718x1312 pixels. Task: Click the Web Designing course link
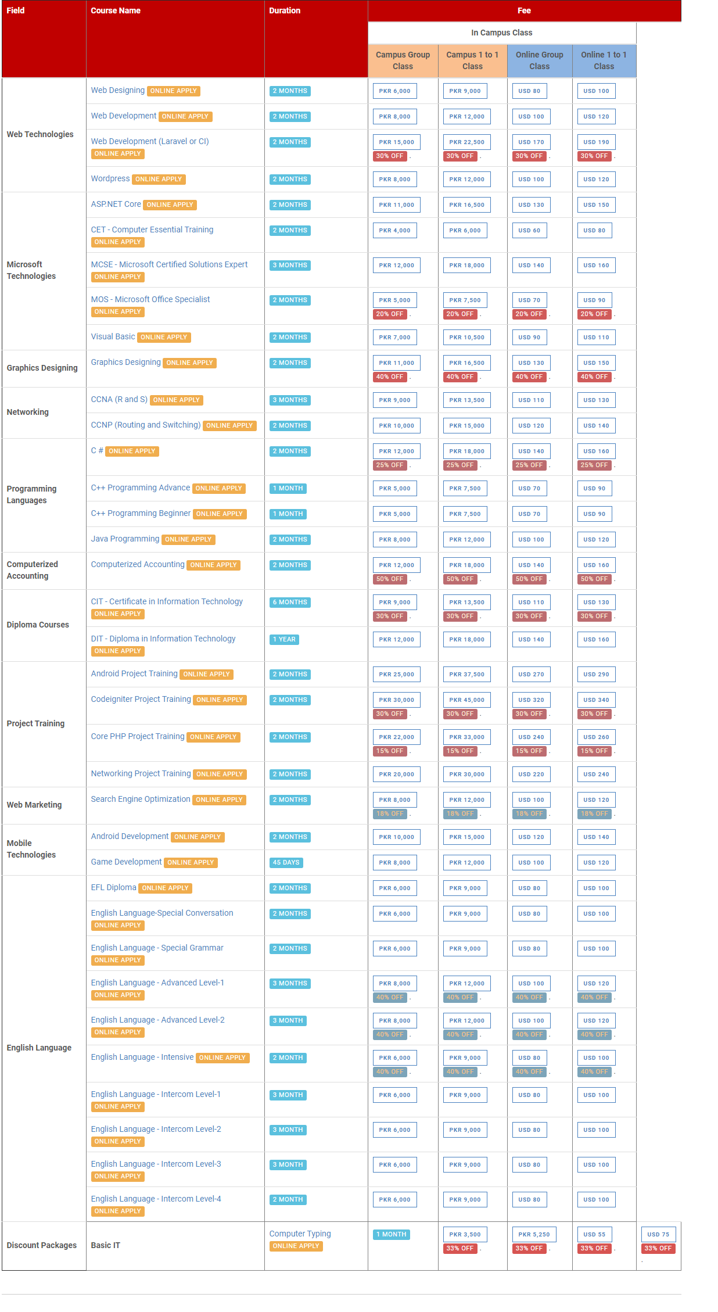(117, 90)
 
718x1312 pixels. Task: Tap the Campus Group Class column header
(403, 60)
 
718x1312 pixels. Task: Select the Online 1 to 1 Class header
(604, 60)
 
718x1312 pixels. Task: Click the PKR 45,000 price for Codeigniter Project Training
(466, 700)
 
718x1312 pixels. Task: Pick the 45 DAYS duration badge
(286, 862)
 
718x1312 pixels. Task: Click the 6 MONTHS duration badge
(290, 602)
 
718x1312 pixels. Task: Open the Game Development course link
(126, 862)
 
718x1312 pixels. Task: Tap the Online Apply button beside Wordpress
(159, 179)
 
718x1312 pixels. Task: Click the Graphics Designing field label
(42, 368)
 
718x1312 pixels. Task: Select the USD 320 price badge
(531, 700)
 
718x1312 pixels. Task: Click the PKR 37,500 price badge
(466, 674)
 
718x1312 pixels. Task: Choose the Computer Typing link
(300, 1234)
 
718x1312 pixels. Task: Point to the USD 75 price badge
(658, 1234)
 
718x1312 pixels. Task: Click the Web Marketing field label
(34, 805)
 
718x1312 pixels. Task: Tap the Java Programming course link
(125, 539)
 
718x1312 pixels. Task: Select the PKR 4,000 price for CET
(394, 230)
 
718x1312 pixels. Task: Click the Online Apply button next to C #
(132, 451)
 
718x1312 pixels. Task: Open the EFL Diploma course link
(113, 887)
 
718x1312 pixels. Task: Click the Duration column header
(285, 10)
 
